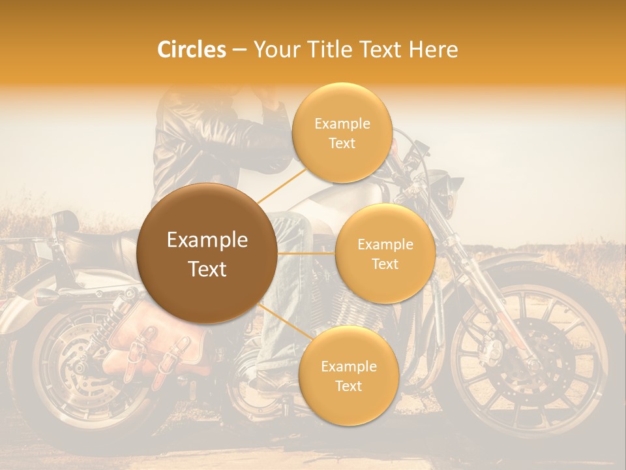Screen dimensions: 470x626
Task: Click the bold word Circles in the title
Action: tap(192, 50)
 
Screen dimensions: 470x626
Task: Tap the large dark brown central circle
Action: tap(207, 253)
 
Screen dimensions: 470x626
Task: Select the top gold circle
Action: tap(342, 133)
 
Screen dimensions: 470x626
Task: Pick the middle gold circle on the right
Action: tap(385, 253)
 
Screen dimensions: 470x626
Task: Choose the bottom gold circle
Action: tap(348, 375)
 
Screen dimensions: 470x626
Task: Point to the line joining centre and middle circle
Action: tap(306, 253)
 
